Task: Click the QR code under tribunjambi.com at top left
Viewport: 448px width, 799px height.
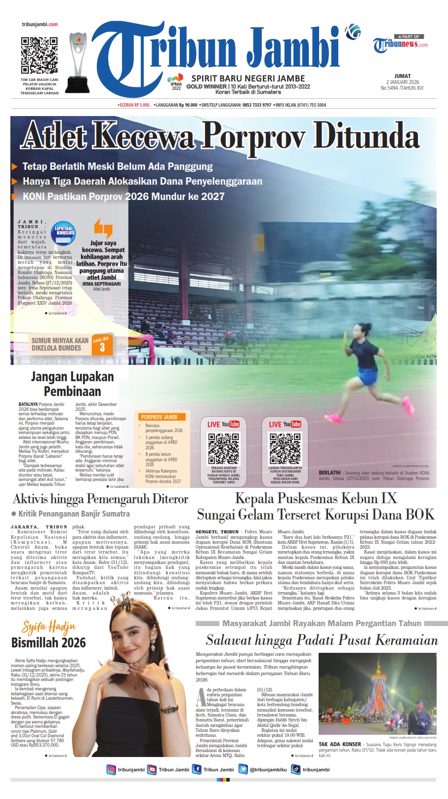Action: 39,55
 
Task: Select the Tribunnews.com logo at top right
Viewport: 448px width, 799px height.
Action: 400,44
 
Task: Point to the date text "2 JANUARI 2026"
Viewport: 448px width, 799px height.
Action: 402,82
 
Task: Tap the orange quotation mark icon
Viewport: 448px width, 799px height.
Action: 103,228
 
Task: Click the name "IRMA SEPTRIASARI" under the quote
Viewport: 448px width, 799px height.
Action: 101,284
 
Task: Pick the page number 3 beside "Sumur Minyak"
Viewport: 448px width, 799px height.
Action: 102,347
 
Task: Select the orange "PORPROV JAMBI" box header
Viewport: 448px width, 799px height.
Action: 160,417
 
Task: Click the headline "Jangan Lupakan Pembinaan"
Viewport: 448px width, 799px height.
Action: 73,384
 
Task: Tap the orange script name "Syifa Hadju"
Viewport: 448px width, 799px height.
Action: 49,627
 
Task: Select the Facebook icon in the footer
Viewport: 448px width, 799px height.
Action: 197,769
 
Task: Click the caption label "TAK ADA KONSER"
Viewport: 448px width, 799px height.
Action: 340,744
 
